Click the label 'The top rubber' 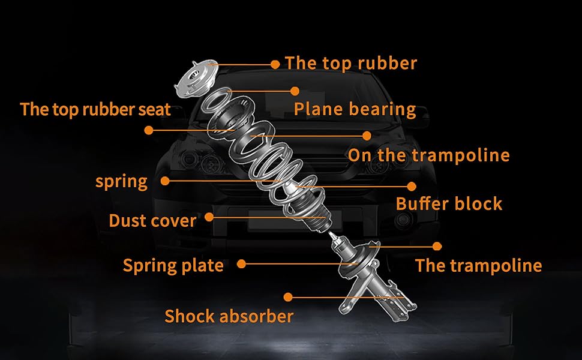pyautogui.click(x=350, y=63)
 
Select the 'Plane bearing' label pyautogui.click(x=355, y=109)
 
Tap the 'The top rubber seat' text pyautogui.click(x=95, y=109)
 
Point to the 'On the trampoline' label pyautogui.click(x=428, y=155)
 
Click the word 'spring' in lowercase pyautogui.click(x=121, y=181)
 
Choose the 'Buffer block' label pyautogui.click(x=448, y=203)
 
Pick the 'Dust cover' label pyautogui.click(x=152, y=221)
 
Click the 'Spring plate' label pyautogui.click(x=173, y=265)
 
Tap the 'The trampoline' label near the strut pyautogui.click(x=478, y=265)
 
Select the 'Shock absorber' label pyautogui.click(x=229, y=316)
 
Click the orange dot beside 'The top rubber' pyautogui.click(x=275, y=64)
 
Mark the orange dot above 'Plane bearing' pyautogui.click(x=295, y=91)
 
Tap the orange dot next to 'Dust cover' pyautogui.click(x=209, y=217)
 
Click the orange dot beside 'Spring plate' pyautogui.click(x=241, y=263)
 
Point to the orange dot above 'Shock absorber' pyautogui.click(x=288, y=297)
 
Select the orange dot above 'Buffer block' pyautogui.click(x=412, y=186)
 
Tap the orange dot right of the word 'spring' pyautogui.click(x=165, y=179)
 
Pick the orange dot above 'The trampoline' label pyautogui.click(x=437, y=246)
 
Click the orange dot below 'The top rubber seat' pyautogui.click(x=149, y=130)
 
